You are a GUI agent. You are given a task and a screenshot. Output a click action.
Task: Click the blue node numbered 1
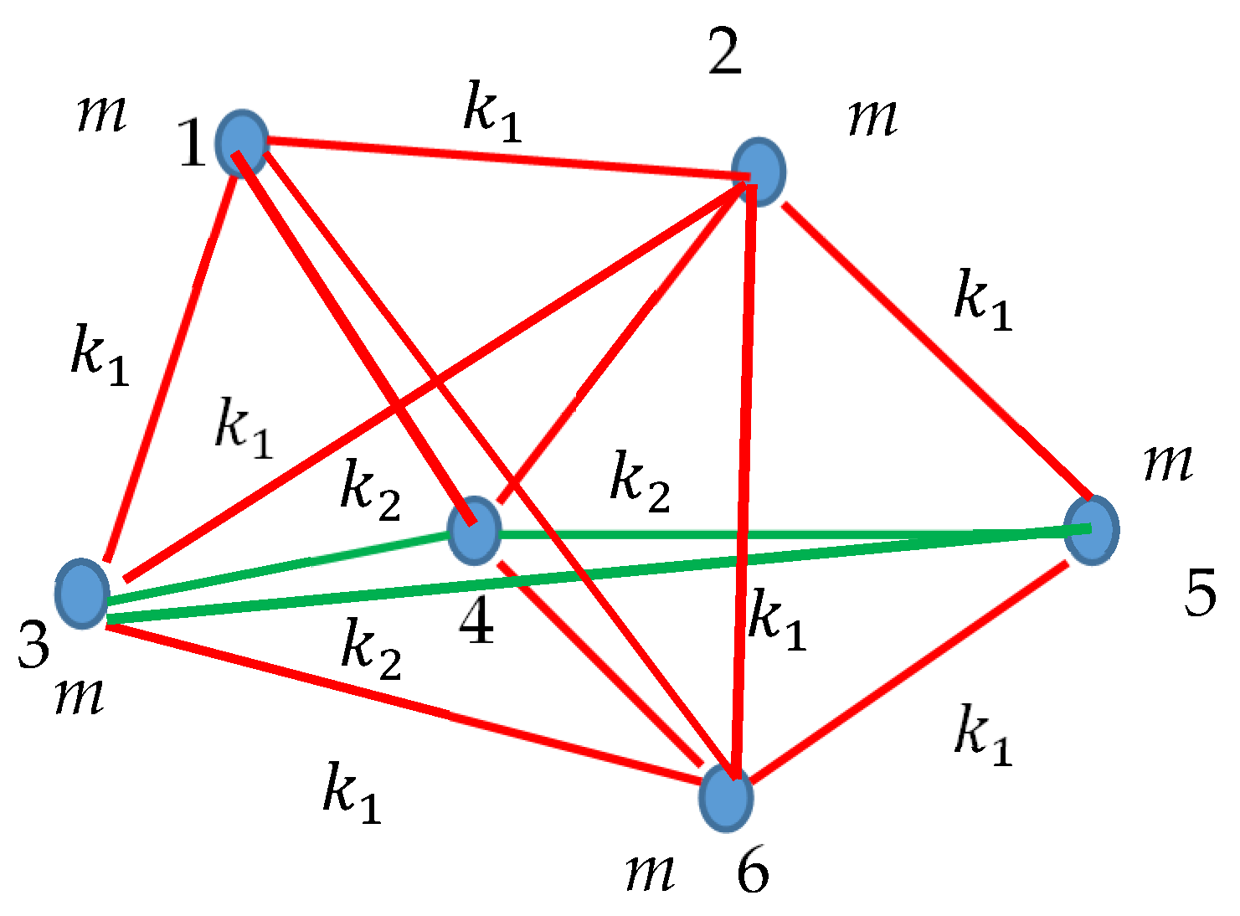click(242, 143)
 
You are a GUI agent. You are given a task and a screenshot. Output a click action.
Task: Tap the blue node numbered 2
click(759, 170)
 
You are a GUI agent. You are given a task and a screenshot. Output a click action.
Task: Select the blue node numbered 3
click(82, 593)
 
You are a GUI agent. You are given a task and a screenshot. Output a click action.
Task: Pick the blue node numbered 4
click(474, 530)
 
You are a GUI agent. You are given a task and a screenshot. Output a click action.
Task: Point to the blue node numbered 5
click(1092, 529)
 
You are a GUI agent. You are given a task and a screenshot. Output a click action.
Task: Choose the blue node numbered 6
click(726, 797)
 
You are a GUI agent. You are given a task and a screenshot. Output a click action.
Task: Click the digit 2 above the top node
click(724, 52)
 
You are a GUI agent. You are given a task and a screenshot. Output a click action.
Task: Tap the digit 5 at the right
click(1200, 594)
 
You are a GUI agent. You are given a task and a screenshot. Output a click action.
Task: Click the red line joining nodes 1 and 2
click(502, 158)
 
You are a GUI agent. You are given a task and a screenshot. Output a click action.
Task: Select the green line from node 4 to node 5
click(779, 533)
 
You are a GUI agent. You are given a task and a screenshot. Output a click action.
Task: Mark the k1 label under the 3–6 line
click(352, 791)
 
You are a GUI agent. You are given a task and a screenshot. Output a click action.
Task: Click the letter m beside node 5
click(1168, 462)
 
